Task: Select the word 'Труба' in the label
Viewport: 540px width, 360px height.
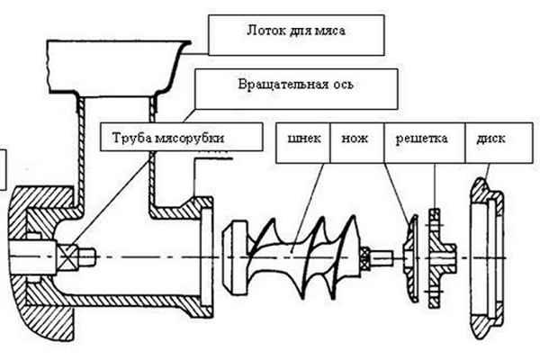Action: pos(130,139)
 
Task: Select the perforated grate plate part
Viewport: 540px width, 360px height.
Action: pos(436,256)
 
